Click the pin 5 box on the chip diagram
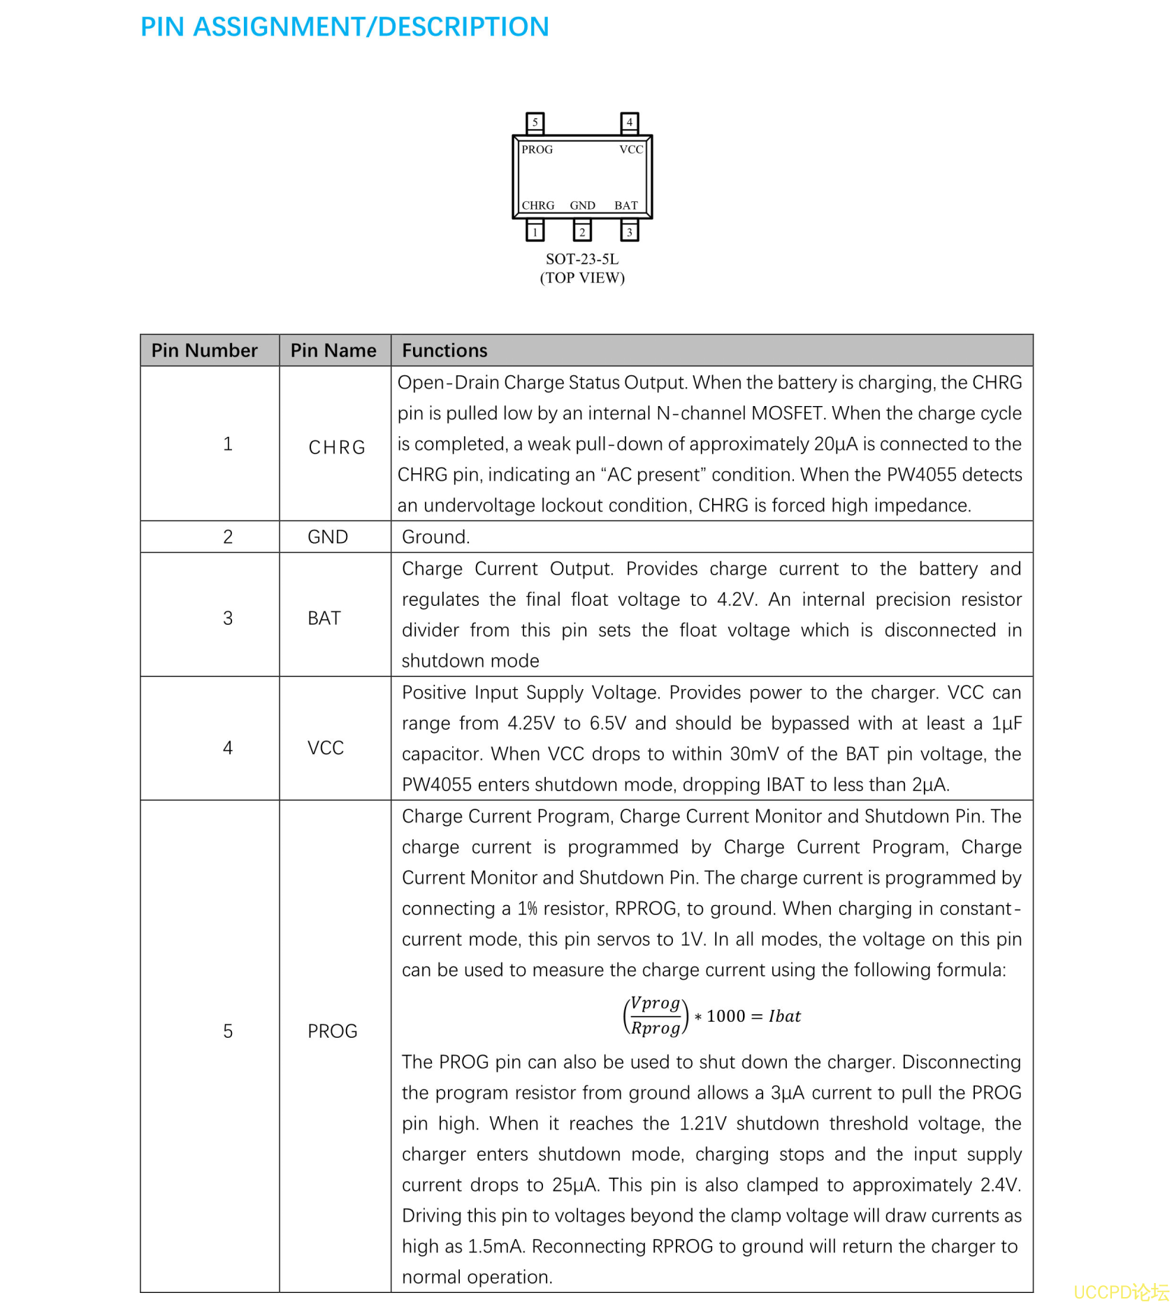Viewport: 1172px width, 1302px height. tap(535, 122)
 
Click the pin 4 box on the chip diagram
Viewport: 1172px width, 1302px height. tap(629, 122)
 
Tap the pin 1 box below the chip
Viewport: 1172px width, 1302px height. tap(535, 231)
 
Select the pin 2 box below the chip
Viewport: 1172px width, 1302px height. tap(581, 231)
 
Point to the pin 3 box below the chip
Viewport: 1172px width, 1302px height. tap(629, 231)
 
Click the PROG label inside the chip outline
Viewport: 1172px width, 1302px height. tap(537, 150)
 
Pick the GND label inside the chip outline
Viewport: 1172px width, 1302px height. tap(582, 205)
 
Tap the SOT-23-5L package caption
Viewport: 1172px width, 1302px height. tap(582, 259)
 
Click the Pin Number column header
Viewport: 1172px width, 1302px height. tap(204, 351)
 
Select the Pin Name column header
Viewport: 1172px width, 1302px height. tap(333, 351)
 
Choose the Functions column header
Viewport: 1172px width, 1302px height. tap(444, 351)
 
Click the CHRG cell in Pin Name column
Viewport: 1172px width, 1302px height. tap(337, 447)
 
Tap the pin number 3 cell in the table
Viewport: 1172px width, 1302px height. tap(228, 618)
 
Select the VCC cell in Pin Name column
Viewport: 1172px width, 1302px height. tap(326, 748)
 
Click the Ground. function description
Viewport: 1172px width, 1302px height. tap(435, 537)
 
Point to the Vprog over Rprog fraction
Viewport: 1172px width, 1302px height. tap(655, 1015)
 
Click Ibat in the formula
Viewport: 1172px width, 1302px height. tap(784, 1016)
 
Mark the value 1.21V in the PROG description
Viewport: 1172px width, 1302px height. tap(702, 1123)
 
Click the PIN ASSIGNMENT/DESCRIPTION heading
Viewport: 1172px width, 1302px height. tap(345, 27)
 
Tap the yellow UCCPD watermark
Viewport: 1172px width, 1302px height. tap(1120, 1291)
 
